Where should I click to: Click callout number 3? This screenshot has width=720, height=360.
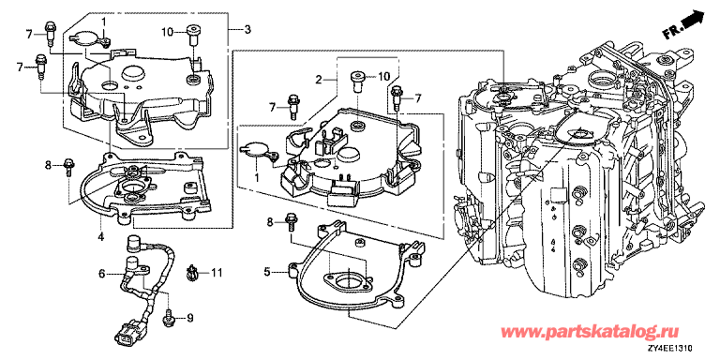pos(247,30)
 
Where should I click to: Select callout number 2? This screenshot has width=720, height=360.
pos(318,80)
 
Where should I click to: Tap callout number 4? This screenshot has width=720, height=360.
pos(100,237)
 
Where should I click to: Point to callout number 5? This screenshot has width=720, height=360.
pos(267,272)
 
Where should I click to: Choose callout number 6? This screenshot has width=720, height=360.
pos(102,274)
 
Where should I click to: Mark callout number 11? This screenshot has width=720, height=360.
pos(217,273)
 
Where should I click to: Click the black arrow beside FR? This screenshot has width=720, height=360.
pos(695,22)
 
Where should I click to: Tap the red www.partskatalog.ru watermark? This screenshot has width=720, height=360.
pos(589,332)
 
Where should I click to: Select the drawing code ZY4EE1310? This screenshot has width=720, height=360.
pos(673,351)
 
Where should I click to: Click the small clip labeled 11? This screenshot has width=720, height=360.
pos(192,272)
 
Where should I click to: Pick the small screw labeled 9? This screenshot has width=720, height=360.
pos(168,318)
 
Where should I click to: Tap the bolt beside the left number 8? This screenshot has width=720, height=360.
pos(68,167)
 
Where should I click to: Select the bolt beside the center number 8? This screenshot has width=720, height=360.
pos(291,222)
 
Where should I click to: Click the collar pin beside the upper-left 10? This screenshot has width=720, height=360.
pos(192,35)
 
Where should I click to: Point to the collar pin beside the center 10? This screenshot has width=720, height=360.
pos(357,82)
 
